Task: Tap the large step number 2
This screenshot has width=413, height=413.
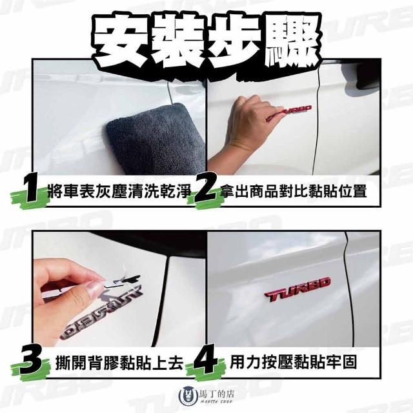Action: [x=206, y=190]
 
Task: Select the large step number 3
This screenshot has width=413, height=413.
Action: [x=31, y=363]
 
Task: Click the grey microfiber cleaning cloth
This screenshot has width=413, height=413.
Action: [x=156, y=138]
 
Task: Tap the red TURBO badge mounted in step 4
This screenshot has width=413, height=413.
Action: [x=297, y=289]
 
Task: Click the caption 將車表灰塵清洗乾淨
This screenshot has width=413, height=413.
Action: [x=119, y=191]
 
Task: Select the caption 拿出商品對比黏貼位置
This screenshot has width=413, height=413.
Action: [x=293, y=191]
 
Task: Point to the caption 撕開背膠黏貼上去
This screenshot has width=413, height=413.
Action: [x=119, y=363]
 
